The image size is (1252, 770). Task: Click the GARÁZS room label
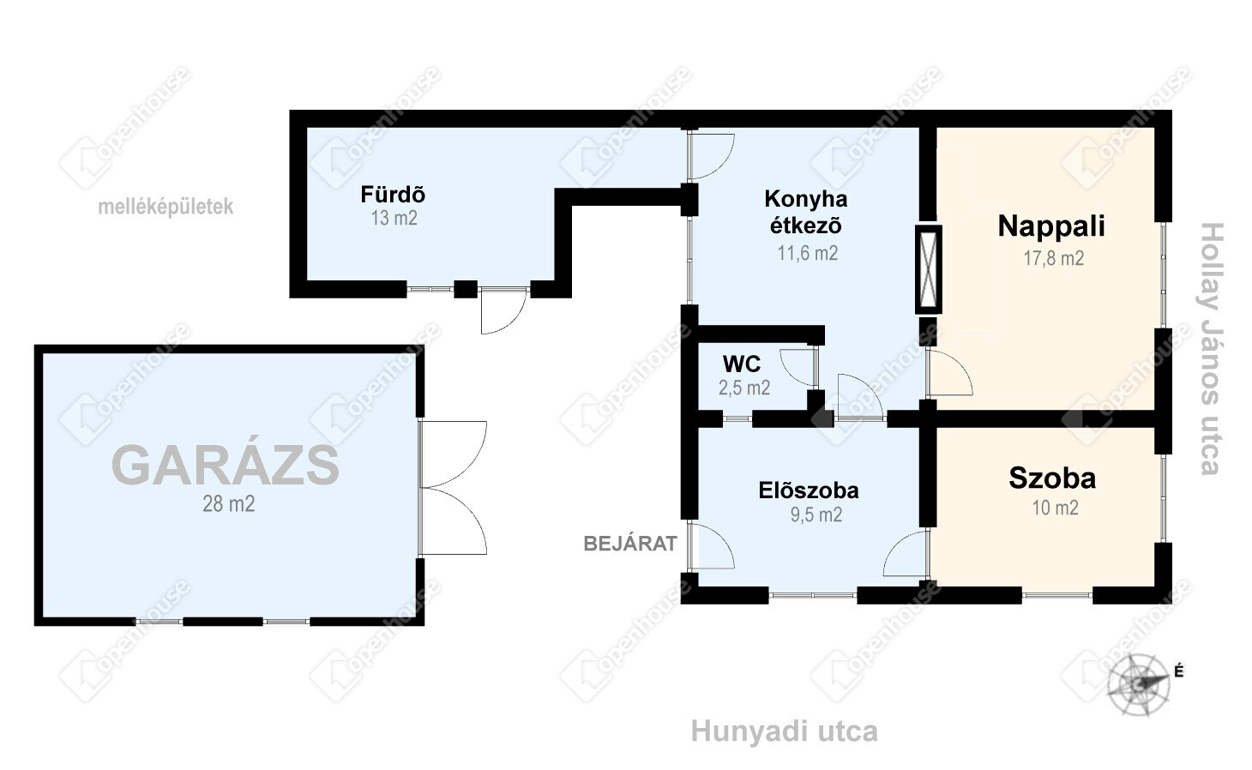[226, 466]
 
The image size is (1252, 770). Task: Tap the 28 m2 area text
[228, 503]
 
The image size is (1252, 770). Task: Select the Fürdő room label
[393, 195]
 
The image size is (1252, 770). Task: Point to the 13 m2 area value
[394, 218]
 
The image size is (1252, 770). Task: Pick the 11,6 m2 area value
[807, 253]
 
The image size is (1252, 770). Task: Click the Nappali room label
[1051, 226]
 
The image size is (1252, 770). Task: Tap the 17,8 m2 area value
[1053, 258]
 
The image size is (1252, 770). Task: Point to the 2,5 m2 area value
[744, 388]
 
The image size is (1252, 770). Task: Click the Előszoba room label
[809, 490]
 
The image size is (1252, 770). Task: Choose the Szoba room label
[1052, 478]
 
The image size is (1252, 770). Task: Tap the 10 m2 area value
[1055, 508]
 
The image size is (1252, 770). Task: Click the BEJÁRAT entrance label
[630, 543]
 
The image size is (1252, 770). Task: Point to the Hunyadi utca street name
[784, 731]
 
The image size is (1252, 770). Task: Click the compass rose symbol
[1139, 683]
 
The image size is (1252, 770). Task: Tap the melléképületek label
[166, 207]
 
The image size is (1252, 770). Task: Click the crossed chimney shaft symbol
[928, 269]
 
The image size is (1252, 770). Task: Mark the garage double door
[453, 488]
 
